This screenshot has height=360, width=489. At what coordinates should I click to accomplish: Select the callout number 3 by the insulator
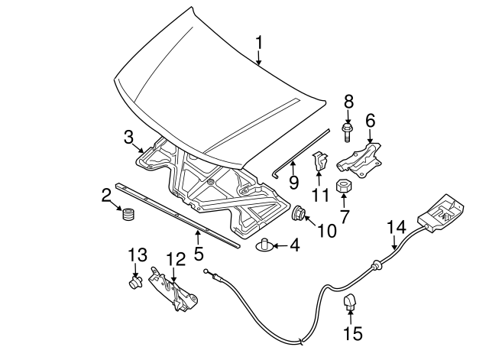pos(130,137)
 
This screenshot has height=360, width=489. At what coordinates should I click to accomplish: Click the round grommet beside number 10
pos(299,213)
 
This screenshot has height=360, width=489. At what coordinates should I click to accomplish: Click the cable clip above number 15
pos(351,304)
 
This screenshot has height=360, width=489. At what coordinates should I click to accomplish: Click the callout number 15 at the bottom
pos(352,333)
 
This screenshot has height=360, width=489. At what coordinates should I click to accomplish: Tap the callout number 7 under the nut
pos(345,217)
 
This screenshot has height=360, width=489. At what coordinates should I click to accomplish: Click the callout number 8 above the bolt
pos(348,100)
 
